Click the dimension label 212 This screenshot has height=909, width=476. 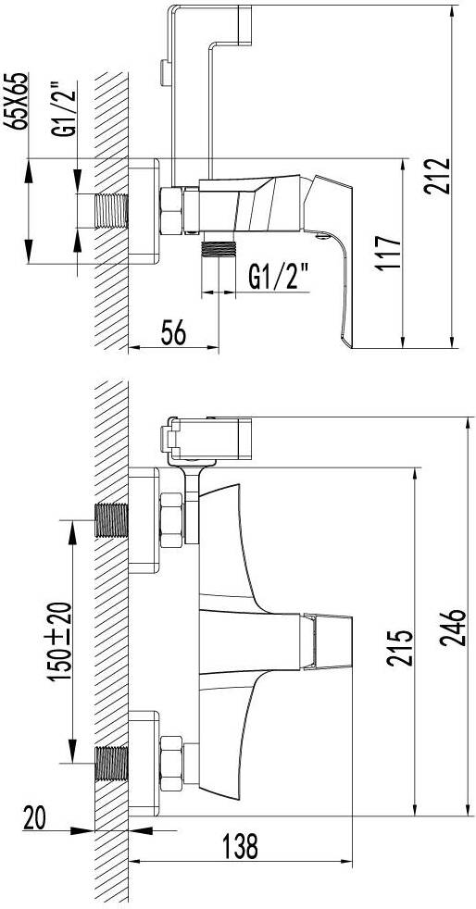pos(436,176)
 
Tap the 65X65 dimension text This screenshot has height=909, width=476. pos(18,101)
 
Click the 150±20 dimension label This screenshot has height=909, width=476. pos(61,641)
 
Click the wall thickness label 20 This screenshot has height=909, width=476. pos(36,818)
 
